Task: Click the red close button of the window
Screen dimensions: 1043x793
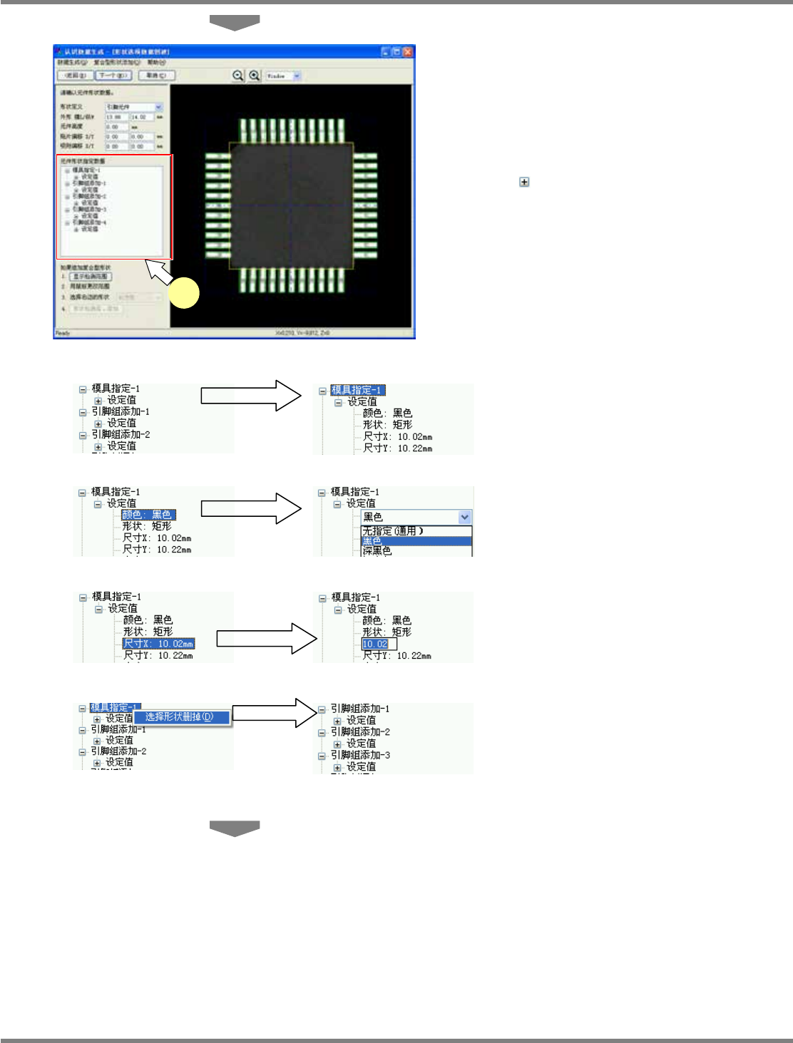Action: click(x=408, y=52)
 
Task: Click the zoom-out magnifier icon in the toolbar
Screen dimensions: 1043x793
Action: click(x=238, y=75)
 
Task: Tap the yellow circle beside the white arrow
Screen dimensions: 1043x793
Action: click(x=184, y=294)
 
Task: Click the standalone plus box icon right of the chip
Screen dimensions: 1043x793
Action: click(x=524, y=183)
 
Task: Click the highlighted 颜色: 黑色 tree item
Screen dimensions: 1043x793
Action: click(x=148, y=515)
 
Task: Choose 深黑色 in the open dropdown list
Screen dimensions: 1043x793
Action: click(x=378, y=550)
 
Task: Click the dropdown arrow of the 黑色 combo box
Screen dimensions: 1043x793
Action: click(x=465, y=518)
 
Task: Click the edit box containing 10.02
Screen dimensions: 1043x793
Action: click(x=379, y=644)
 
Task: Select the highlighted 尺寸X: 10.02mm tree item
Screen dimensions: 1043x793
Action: click(x=158, y=644)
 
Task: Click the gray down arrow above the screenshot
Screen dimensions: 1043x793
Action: click(x=235, y=22)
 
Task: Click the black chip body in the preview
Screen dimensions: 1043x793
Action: click(x=291, y=205)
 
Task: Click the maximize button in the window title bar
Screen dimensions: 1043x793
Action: click(x=396, y=52)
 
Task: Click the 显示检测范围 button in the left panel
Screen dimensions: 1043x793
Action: click(x=91, y=276)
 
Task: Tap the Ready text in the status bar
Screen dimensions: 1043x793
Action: click(x=63, y=333)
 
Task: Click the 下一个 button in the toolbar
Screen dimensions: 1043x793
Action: click(x=113, y=76)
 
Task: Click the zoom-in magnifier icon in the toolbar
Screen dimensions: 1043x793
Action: click(x=254, y=75)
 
